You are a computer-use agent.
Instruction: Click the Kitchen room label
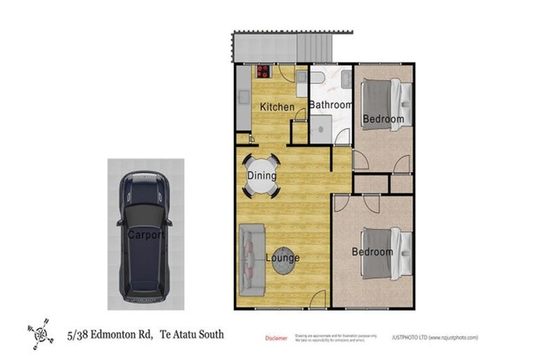pyautogui.click(x=277, y=107)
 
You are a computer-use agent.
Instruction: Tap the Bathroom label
pyautogui.click(x=331, y=105)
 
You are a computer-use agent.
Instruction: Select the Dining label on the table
pyautogui.click(x=262, y=176)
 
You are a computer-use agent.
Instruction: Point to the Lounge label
pyautogui.click(x=283, y=258)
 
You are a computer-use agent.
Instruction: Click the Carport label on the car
pyautogui.click(x=146, y=235)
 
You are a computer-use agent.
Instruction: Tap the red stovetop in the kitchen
pyautogui.click(x=264, y=71)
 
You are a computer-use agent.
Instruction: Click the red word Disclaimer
pyautogui.click(x=276, y=338)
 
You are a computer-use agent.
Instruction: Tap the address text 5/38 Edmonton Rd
pyautogui.click(x=110, y=335)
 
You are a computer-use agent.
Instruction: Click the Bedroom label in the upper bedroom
pyautogui.click(x=383, y=120)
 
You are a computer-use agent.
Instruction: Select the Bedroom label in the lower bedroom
pyautogui.click(x=372, y=252)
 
